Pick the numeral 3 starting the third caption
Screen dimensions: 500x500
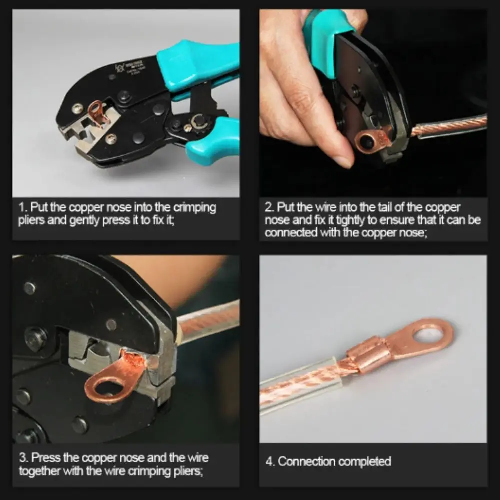click(21, 458)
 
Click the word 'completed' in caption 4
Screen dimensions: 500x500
click(365, 461)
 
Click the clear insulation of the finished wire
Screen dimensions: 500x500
click(300, 385)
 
